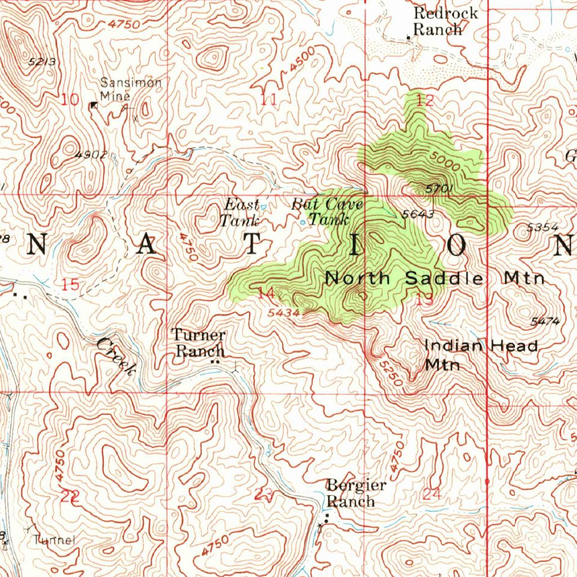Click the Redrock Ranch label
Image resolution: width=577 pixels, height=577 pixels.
tap(445, 21)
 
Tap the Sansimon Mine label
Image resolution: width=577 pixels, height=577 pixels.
tap(130, 90)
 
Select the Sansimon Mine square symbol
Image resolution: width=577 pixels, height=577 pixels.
tap(94, 105)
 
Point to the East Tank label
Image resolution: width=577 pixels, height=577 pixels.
tap(241, 212)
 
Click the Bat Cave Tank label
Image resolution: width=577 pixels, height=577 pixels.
tap(327, 211)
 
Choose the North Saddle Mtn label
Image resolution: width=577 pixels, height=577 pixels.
tap(435, 278)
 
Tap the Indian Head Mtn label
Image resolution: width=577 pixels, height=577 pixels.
tap(481, 354)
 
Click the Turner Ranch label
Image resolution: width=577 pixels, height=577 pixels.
tap(199, 343)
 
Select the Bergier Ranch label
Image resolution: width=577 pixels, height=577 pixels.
tap(357, 493)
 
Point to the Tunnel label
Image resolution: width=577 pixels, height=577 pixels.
tap(54, 540)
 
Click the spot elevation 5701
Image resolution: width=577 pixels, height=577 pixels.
tap(437, 190)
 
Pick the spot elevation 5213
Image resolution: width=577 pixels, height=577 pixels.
tap(42, 62)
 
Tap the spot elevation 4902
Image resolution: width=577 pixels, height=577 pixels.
tap(91, 154)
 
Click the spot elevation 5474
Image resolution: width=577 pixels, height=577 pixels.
tap(545, 322)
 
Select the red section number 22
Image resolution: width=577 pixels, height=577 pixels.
tap(70, 496)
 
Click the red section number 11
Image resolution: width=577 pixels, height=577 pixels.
tap(269, 101)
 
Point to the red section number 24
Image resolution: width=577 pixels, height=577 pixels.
tap(432, 494)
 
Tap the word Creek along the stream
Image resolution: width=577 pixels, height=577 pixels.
tap(116, 356)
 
